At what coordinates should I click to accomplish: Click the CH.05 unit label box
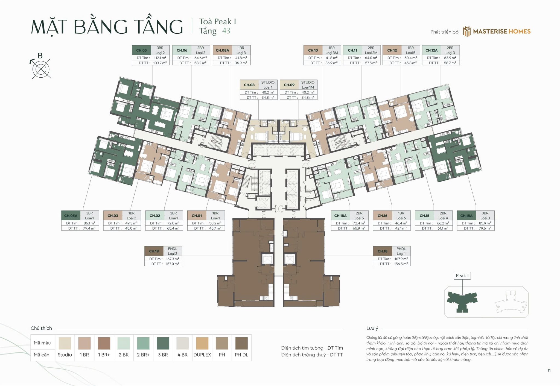pyautogui.click(x=141, y=50)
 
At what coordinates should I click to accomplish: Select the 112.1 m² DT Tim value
pyautogui.click(x=160, y=58)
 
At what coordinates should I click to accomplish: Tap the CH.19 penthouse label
pyautogui.click(x=154, y=251)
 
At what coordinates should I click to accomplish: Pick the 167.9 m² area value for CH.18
pyautogui.click(x=401, y=259)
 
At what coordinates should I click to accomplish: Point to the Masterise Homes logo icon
pyautogui.click(x=467, y=31)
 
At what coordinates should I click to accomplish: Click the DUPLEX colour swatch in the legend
pyautogui.click(x=202, y=343)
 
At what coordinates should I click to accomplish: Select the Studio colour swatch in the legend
pyautogui.click(x=65, y=343)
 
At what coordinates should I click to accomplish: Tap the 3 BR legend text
pyautogui.click(x=163, y=355)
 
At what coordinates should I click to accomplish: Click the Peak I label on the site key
pyautogui.click(x=462, y=276)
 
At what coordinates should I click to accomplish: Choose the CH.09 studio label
pyautogui.click(x=289, y=85)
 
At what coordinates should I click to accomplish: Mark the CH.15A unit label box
pyautogui.click(x=466, y=216)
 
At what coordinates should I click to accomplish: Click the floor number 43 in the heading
pyautogui.click(x=226, y=31)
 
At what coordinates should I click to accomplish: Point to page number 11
pyautogui.click(x=549, y=370)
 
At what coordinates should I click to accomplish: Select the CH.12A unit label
pyautogui.click(x=431, y=50)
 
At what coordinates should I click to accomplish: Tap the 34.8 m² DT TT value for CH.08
pyautogui.click(x=267, y=98)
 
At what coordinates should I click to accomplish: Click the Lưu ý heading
pyautogui.click(x=372, y=328)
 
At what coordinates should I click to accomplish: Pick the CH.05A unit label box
pyautogui.click(x=71, y=216)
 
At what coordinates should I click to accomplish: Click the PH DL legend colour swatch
pyautogui.click(x=241, y=343)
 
